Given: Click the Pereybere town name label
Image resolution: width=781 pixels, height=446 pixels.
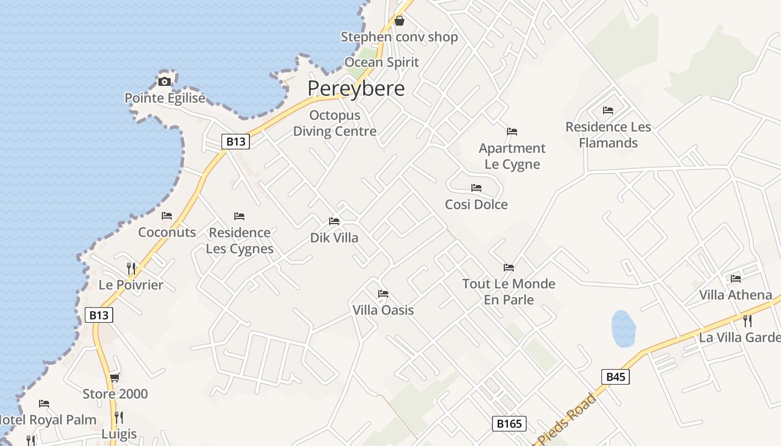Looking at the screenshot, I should point(356,89).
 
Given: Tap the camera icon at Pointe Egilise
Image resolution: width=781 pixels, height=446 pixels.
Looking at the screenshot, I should point(164,82).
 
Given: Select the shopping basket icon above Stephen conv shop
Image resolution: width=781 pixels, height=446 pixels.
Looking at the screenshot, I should point(399,21).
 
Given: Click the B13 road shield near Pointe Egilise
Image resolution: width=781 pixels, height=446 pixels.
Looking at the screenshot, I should point(235,142).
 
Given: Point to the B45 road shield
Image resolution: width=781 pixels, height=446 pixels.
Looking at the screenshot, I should point(616,377).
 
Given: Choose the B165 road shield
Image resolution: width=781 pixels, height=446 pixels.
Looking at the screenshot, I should point(509,424).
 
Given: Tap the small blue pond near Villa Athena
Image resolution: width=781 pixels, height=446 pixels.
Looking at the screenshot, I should point(623,328).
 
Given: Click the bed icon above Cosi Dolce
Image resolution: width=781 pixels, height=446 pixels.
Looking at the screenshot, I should point(476,188).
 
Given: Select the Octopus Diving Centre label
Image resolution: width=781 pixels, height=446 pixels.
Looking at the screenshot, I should point(335,123).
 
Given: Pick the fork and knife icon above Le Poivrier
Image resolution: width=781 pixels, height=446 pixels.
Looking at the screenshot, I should point(131,268).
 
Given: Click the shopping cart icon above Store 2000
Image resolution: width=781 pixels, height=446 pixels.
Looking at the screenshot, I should point(115,378).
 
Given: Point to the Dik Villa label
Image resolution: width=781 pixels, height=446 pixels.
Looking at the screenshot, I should point(334,238).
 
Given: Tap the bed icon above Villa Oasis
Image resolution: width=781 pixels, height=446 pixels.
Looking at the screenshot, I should point(383,294).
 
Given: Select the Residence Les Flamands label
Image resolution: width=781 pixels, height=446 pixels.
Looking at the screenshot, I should point(608,135).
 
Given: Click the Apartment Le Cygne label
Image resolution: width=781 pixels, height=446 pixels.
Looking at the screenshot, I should point(512,156).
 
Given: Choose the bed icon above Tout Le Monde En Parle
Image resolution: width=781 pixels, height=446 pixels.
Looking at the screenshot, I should point(508,268).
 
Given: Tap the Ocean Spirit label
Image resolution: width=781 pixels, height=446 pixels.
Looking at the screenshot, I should point(382,62).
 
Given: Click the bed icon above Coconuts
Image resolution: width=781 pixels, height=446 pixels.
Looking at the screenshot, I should point(167,216).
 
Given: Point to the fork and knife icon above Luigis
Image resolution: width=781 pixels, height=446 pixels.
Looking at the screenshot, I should point(119,417).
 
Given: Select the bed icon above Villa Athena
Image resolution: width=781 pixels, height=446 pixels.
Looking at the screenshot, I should point(736,279).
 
